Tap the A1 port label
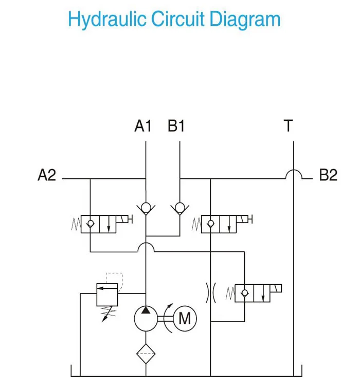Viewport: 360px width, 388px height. point(143,126)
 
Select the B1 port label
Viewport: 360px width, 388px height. point(176,126)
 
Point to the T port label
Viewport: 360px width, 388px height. point(289,126)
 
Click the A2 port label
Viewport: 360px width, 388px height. point(47,175)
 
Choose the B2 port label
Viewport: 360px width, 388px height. point(328,175)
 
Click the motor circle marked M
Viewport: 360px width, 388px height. point(184,319)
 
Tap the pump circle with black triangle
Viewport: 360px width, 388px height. point(147,319)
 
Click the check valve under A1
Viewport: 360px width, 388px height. point(147,208)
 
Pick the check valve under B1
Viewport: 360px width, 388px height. point(179,208)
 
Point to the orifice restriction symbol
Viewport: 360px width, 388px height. point(211,292)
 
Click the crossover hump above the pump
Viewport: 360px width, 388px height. point(147,248)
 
